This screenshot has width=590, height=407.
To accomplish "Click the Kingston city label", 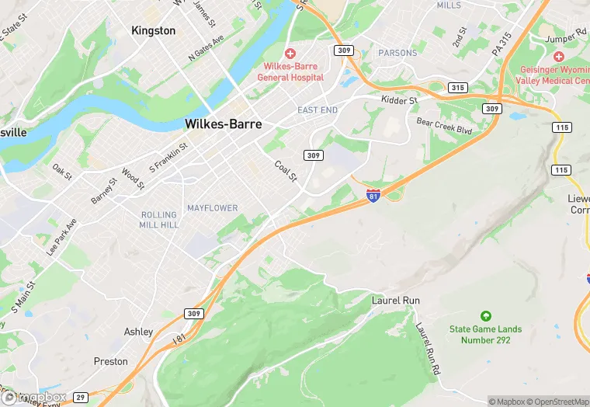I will coord(154,30).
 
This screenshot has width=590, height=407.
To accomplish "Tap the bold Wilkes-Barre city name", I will coord(223,124).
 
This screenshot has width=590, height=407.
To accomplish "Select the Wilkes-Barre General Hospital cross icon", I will coord(290,53).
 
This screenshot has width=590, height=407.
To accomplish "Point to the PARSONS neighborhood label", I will coord(397,53).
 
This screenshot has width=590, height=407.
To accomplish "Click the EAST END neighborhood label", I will coord(318,110).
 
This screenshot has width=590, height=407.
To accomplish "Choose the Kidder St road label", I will coord(400,100).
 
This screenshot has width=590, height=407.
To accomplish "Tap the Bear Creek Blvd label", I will coord(444,126).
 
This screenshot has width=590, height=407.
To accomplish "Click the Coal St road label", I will coord(286,171).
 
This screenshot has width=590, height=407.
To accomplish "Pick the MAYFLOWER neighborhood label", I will coord(213,208).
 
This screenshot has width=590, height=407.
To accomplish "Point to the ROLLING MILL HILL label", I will coord(159,220).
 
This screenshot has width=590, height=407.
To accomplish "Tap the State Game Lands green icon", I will coord(486,316).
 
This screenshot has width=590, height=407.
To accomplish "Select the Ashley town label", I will coord(139,332).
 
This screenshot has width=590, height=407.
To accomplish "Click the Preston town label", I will coord(110,361).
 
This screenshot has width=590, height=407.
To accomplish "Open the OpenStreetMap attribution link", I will coord(556,402).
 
